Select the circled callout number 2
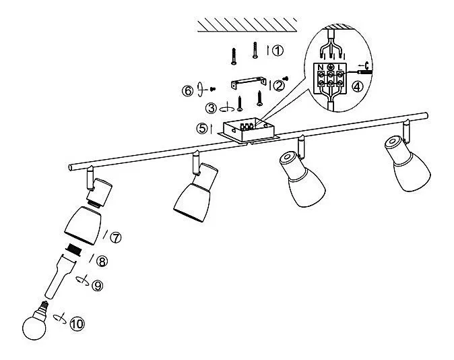pyautogui.click(x=279, y=86)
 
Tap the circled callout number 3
pyautogui.click(x=212, y=108)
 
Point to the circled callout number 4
pyautogui.click(x=357, y=86)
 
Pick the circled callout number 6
pyautogui.click(x=189, y=90)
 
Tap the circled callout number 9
pyautogui.click(x=98, y=286)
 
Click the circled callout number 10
pyautogui.click(x=77, y=324)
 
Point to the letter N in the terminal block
pyautogui.click(x=321, y=67)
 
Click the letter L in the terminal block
pyautogui.click(x=342, y=67)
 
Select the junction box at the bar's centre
pyautogui.click(x=249, y=129)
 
